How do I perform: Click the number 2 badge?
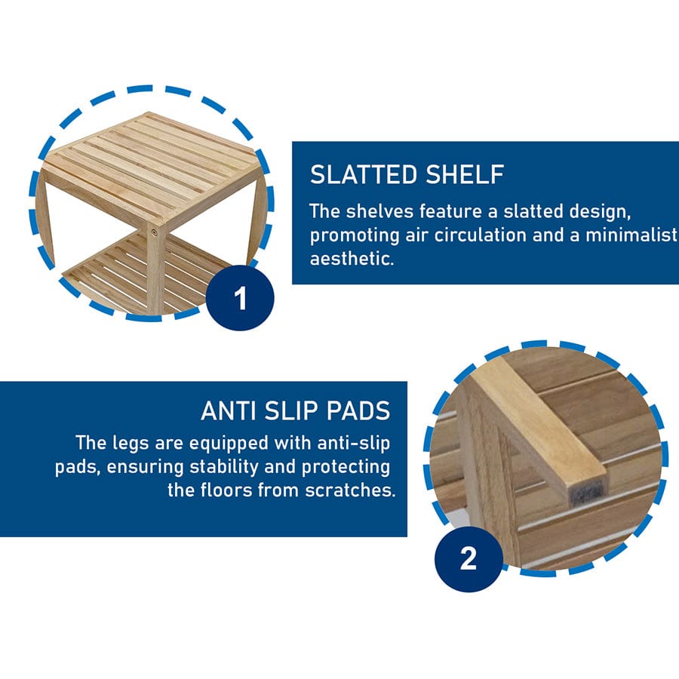(468, 559)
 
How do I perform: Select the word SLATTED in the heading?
(361, 174)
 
